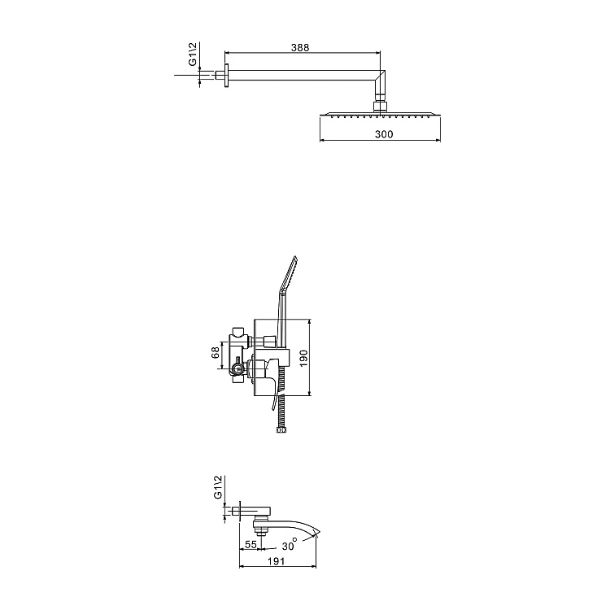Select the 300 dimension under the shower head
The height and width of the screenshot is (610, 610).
coord(379,134)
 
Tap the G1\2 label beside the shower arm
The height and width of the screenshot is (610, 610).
coord(193,55)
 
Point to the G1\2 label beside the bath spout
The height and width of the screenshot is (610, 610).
coord(218,487)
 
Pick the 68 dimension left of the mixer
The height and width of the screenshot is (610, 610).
coord(215,353)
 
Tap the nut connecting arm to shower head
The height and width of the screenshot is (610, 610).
coord(379,106)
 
